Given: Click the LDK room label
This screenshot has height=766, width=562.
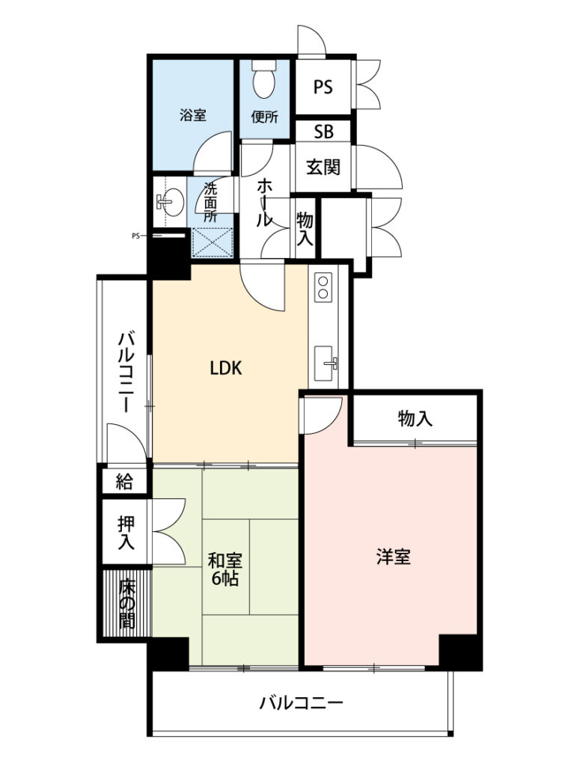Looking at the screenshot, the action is [226, 368].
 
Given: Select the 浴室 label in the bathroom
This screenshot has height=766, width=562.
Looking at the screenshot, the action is [193, 115].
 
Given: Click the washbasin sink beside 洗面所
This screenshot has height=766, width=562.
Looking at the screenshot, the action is [171, 200].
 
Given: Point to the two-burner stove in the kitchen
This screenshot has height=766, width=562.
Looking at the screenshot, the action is [323, 287].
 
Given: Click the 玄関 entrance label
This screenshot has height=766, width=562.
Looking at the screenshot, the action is [323, 167].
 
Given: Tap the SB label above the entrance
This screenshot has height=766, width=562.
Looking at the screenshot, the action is [323, 132].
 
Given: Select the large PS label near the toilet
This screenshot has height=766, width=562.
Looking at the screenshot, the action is [323, 88].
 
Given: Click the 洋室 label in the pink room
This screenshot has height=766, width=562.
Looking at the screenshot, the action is [394, 557].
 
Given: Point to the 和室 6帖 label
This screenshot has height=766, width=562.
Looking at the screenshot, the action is [225, 569].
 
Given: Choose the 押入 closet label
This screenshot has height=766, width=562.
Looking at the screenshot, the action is [126, 533].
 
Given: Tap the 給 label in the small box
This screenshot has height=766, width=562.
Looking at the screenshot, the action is [124, 482].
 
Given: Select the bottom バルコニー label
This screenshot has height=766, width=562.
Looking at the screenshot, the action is [301, 703].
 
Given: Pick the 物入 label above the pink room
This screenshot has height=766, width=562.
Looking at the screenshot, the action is [415, 418].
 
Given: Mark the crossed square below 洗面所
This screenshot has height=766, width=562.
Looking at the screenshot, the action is [212, 242].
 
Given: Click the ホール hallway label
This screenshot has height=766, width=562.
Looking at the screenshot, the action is [264, 202].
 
